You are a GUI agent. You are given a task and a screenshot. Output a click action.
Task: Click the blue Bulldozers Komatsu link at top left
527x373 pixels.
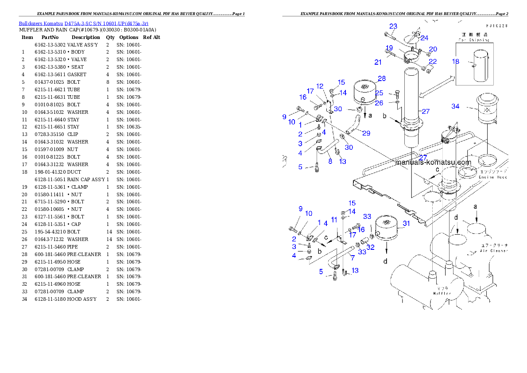tap(83, 23)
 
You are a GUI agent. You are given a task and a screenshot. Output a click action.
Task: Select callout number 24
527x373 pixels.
tap(424, 38)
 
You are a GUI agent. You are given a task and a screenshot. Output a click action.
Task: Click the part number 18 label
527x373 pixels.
tap(455, 62)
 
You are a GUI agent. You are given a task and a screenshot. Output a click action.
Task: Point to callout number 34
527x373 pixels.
tap(455, 106)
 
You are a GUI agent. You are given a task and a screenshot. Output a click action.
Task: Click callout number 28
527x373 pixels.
tap(381, 78)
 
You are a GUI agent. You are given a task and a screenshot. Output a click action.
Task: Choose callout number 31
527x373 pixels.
tap(406, 224)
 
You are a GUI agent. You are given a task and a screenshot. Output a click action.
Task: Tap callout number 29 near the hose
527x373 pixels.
tap(366, 133)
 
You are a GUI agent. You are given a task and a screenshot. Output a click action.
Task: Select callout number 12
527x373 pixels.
tap(320, 86)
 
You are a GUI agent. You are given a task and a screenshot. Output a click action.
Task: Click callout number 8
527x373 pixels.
tap(330, 162)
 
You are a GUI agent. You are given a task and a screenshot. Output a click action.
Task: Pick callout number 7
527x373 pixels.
tap(352, 257)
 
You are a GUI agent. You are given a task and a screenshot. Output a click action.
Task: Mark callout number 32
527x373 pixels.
tap(370, 247)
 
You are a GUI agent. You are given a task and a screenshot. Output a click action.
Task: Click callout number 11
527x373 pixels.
tap(334, 220)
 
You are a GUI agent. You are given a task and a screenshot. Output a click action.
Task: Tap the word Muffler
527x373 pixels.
tap(442, 293)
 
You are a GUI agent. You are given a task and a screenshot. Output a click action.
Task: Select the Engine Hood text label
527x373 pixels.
tap(493, 177)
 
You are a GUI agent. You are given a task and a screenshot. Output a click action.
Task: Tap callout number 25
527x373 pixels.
tap(379, 93)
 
